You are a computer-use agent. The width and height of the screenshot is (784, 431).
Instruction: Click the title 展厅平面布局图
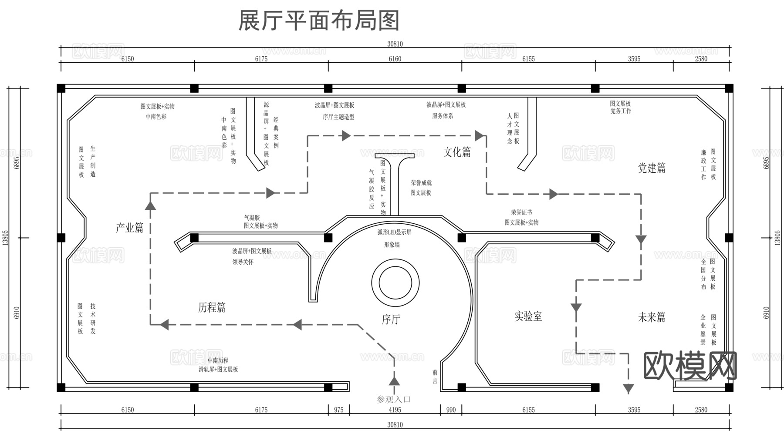tap(319, 21)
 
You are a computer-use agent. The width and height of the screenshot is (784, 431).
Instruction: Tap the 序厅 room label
tap(391, 320)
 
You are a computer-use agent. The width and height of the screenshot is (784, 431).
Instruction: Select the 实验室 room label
tap(528, 317)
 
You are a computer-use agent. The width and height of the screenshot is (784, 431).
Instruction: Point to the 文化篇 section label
tap(457, 152)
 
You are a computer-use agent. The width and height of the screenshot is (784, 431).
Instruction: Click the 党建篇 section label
tap(652, 168)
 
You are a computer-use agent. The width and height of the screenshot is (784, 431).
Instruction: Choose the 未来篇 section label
tap(652, 317)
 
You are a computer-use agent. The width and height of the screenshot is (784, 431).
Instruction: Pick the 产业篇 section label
tap(129, 228)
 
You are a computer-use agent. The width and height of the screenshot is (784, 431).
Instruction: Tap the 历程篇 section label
tap(212, 308)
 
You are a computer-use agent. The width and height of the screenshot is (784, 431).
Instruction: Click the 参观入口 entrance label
tap(394, 399)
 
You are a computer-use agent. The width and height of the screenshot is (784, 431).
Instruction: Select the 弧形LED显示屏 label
tap(394, 232)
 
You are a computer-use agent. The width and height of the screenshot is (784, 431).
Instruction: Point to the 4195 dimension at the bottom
tap(395, 410)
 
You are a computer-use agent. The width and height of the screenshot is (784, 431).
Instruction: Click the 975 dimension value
tap(338, 410)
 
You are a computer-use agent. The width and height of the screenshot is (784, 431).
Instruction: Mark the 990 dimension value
tap(451, 410)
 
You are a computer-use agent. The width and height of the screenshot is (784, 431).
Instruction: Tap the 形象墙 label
tap(392, 245)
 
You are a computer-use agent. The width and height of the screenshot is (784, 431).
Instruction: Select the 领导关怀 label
tap(243, 262)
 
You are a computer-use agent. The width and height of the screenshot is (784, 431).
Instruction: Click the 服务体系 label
tap(443, 116)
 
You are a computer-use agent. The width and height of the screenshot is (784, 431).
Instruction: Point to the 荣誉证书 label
tap(521, 212)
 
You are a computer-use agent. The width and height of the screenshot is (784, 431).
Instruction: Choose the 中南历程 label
tap(218, 360)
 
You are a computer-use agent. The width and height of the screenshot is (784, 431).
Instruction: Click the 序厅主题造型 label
tap(338, 117)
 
